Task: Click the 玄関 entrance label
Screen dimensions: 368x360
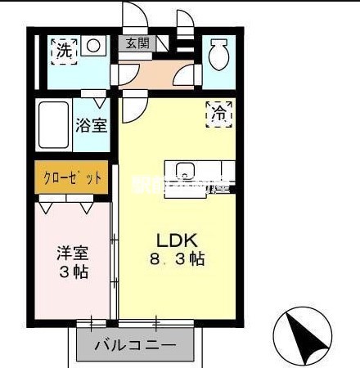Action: click(x=137, y=44)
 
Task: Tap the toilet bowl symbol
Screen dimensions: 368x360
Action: click(x=218, y=56)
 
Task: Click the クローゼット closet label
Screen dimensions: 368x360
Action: click(x=71, y=177)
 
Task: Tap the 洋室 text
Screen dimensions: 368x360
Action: click(x=71, y=254)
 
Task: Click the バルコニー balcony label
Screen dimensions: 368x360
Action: click(x=135, y=346)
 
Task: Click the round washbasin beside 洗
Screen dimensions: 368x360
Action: click(x=95, y=47)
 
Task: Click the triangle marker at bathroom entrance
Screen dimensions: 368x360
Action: click(x=99, y=103)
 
